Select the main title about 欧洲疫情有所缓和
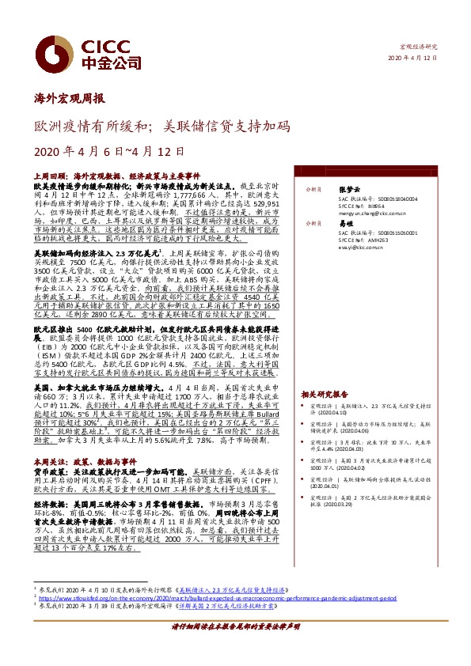tap(161, 125)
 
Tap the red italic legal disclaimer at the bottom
tap(235, 647)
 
